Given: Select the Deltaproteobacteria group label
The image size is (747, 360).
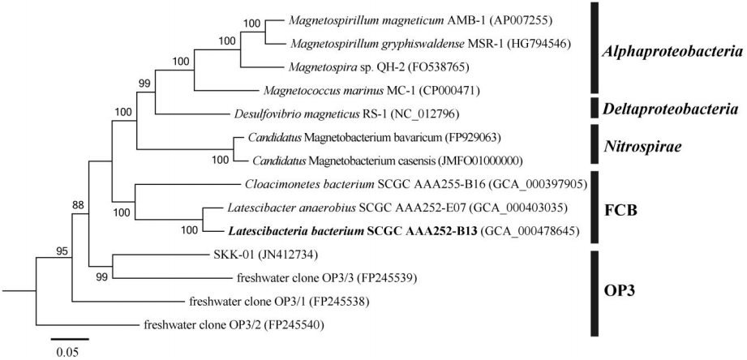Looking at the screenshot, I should [671, 109].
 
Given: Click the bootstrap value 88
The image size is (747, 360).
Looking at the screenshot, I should [78, 205].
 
